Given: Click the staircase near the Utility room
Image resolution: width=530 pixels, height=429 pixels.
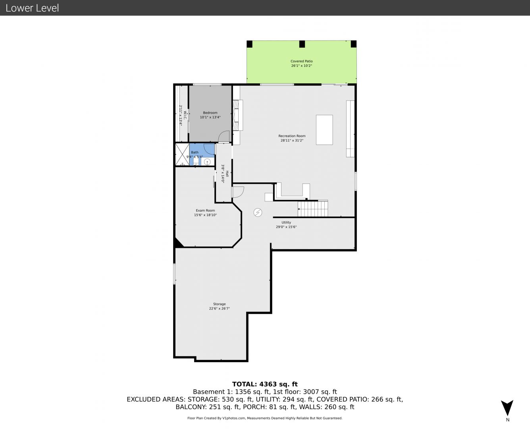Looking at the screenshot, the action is click(x=313, y=209).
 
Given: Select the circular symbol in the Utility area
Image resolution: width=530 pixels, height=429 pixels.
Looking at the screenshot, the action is click(x=258, y=213).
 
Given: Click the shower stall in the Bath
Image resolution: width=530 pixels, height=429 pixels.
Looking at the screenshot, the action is click(x=182, y=155).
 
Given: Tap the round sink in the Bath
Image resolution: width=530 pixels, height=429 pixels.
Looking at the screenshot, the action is click(x=207, y=162).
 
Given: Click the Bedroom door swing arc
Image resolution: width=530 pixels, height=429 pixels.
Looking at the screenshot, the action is click(x=224, y=136).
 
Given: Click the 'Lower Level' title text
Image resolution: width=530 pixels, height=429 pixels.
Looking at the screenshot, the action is click(x=32, y=8).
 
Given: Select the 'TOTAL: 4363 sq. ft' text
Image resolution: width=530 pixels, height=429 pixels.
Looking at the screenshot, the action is click(x=265, y=384).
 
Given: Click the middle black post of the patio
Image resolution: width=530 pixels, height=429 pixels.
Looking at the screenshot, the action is click(x=302, y=44).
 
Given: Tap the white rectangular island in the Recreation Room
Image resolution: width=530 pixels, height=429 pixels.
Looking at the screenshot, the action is click(x=324, y=130).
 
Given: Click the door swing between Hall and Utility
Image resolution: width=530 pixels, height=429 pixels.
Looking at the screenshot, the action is click(x=238, y=192).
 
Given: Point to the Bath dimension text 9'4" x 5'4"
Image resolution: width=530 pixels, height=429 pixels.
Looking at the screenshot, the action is click(x=195, y=157).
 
